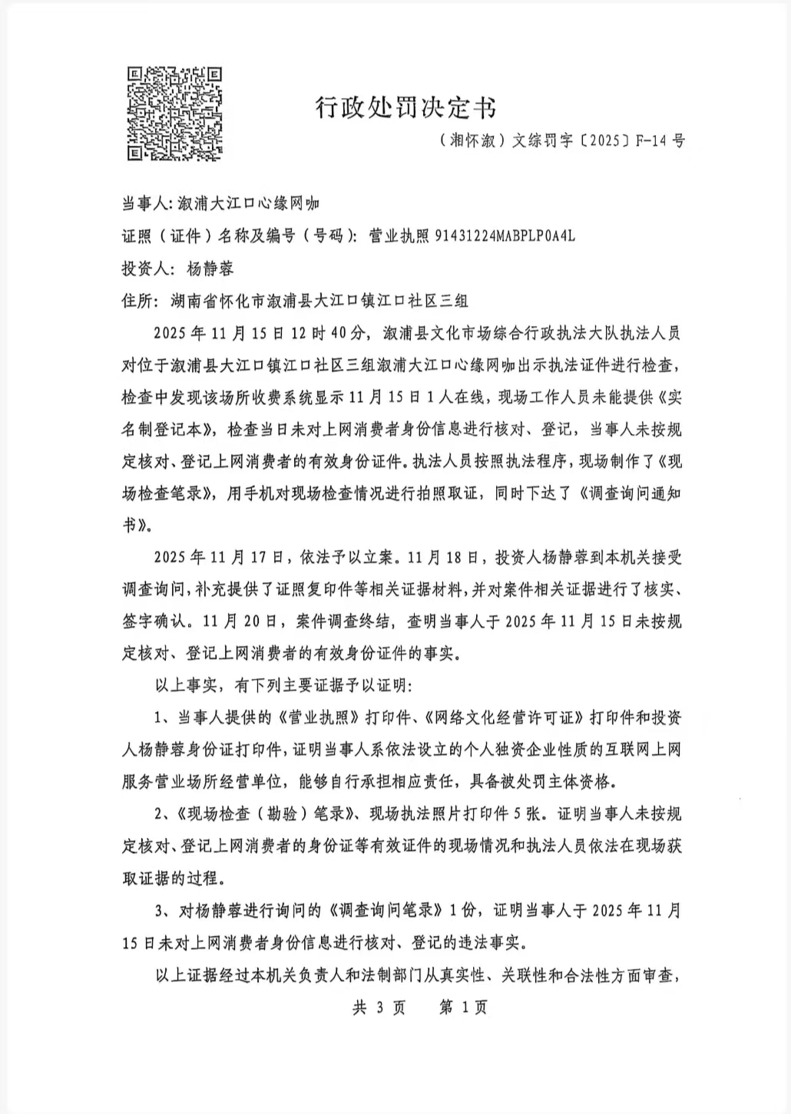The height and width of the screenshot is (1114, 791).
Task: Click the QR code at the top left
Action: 175,113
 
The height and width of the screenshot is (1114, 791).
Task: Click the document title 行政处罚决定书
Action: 407,110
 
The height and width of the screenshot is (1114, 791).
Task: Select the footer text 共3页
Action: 378,1007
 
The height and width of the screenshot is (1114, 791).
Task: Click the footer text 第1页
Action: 463,1007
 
